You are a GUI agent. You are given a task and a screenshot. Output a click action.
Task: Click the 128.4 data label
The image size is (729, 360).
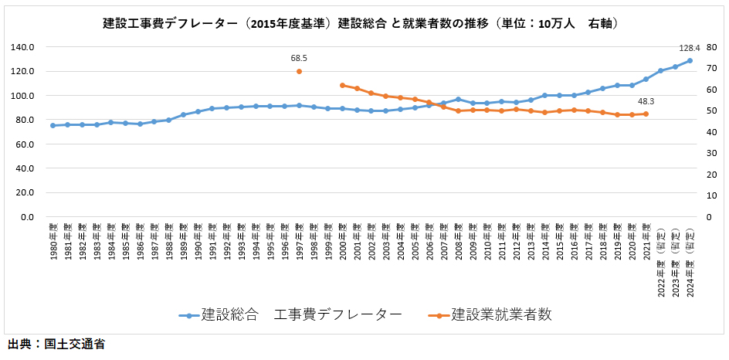[x=688, y=48]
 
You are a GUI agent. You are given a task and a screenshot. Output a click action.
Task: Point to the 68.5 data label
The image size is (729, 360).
[x=299, y=58]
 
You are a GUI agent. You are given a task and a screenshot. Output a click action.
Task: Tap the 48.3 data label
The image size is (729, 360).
[x=646, y=101]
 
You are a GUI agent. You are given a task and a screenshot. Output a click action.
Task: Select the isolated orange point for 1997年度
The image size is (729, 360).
[x=299, y=71]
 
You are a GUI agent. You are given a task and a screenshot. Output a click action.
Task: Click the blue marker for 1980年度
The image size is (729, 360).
[x=53, y=125]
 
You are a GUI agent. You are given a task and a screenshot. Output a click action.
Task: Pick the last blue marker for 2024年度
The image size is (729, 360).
[x=690, y=60]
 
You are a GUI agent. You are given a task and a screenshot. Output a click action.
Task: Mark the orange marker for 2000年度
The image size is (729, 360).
[x=342, y=85]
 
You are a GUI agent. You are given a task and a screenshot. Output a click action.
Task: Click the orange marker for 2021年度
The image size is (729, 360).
[x=646, y=114]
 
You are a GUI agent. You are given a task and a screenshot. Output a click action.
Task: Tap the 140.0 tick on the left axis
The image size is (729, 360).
[x=24, y=47]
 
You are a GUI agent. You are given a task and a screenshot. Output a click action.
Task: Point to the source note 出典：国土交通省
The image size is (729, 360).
[x=56, y=345]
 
